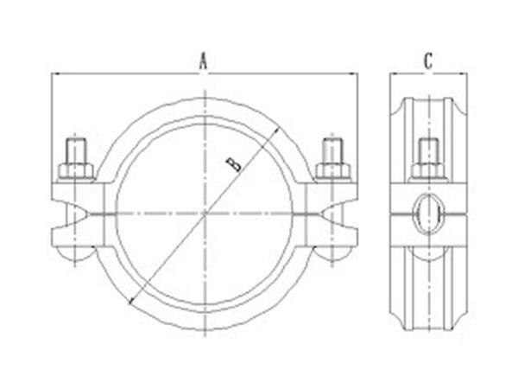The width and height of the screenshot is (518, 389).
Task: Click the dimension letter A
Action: (205, 61)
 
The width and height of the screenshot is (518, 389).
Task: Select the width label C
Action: (429, 61)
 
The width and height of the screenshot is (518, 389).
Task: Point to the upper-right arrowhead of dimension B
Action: (278, 131)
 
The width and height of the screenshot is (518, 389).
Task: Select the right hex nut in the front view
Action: (332, 169)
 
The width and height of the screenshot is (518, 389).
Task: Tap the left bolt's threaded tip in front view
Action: (75, 150)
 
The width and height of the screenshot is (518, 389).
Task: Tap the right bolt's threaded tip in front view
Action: (332, 150)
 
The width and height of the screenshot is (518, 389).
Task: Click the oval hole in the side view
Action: (428, 211)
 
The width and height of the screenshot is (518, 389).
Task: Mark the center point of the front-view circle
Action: (204, 212)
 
